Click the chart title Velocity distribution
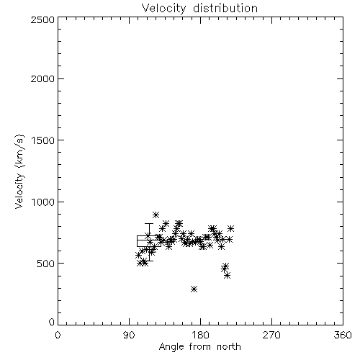pos(199,8)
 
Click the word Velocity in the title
pos(163,9)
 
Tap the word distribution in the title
pos(225,8)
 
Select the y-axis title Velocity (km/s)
pos(19,171)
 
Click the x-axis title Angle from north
pos(199,346)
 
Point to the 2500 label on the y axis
pos(42,19)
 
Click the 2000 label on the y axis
pos(42,78)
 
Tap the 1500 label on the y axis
pos(43,140)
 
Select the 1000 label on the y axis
pos(43,202)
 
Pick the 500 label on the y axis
pos(46,264)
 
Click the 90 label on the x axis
pos(129,335)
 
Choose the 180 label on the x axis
pos(201,335)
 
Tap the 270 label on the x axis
pos(271,335)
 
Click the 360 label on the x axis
pos(343,335)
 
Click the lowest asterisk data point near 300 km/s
pos(194,289)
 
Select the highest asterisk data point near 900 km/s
pos(156,215)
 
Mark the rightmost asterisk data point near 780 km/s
pos(230,228)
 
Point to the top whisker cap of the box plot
pos(149,224)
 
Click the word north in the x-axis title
pos(229,347)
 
